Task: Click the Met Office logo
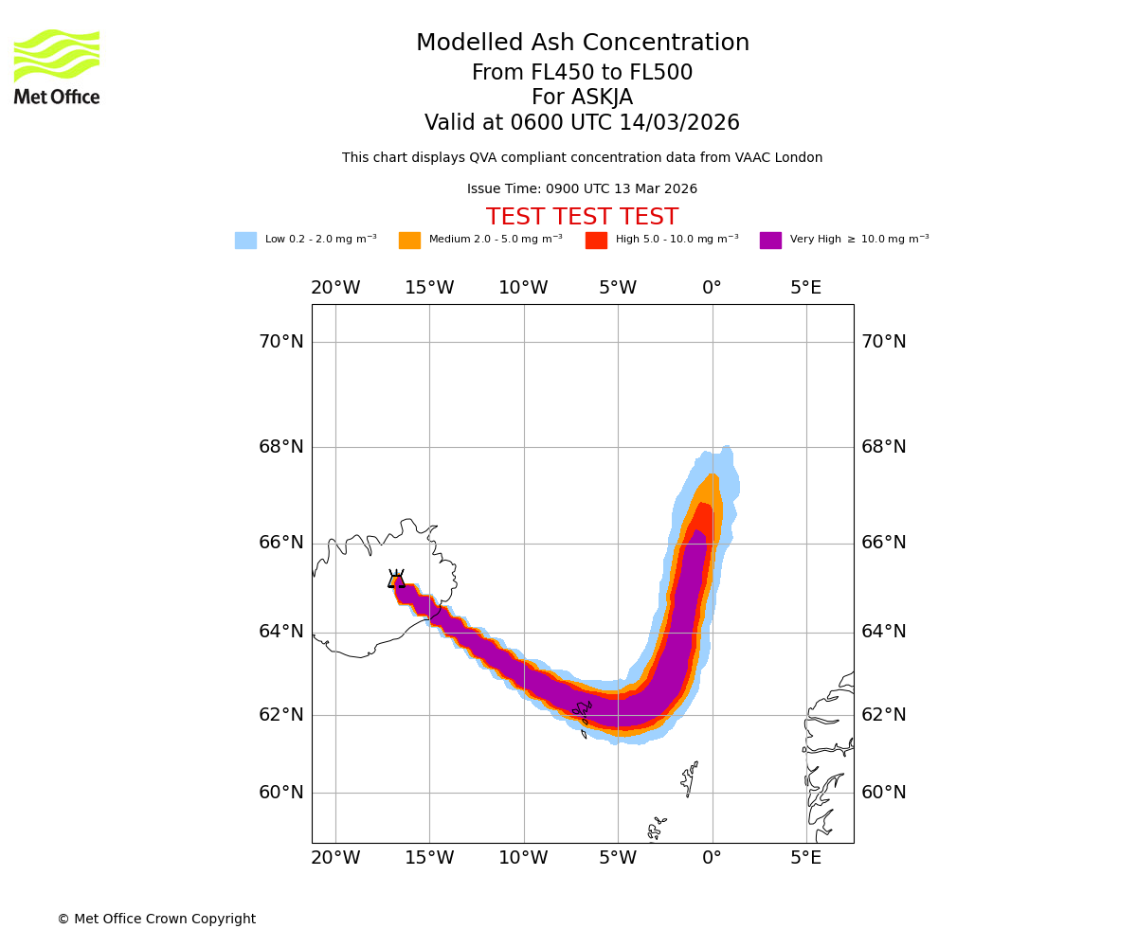(57, 66)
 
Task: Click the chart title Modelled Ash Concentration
(582, 44)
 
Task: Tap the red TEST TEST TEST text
(582, 218)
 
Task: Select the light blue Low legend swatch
(245, 241)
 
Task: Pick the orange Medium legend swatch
(409, 241)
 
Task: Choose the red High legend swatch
(596, 241)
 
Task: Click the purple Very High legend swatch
(770, 241)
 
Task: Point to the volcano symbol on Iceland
(396, 580)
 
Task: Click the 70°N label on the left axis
(281, 342)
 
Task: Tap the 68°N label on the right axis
(883, 447)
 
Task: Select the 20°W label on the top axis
(335, 288)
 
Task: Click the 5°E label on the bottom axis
(806, 858)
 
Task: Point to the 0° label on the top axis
(712, 288)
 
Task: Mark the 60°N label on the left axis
(281, 793)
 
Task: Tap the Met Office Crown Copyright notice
(156, 920)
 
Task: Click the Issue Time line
(582, 189)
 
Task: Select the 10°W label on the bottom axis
(523, 858)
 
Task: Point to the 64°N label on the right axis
(883, 632)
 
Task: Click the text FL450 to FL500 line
(582, 73)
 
